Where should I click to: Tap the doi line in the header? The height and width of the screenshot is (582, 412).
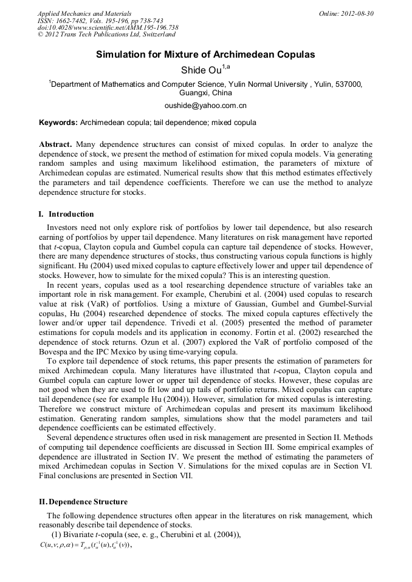(108, 28)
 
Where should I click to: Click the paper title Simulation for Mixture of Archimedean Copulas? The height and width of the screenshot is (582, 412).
(205, 55)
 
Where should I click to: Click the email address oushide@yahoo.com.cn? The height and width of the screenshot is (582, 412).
(205, 106)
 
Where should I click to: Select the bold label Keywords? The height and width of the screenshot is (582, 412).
(58, 123)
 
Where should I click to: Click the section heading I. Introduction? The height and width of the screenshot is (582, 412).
(66, 214)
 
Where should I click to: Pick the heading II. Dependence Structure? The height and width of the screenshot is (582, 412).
(83, 502)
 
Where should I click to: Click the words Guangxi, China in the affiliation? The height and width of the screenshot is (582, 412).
(205, 93)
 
